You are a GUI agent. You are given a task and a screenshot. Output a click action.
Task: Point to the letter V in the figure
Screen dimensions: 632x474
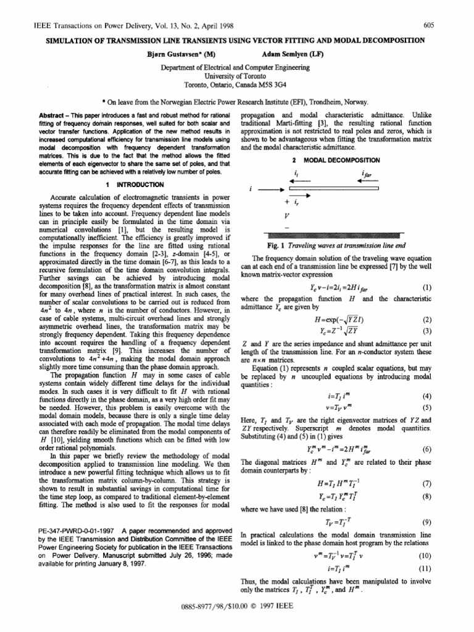pos(286,217)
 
